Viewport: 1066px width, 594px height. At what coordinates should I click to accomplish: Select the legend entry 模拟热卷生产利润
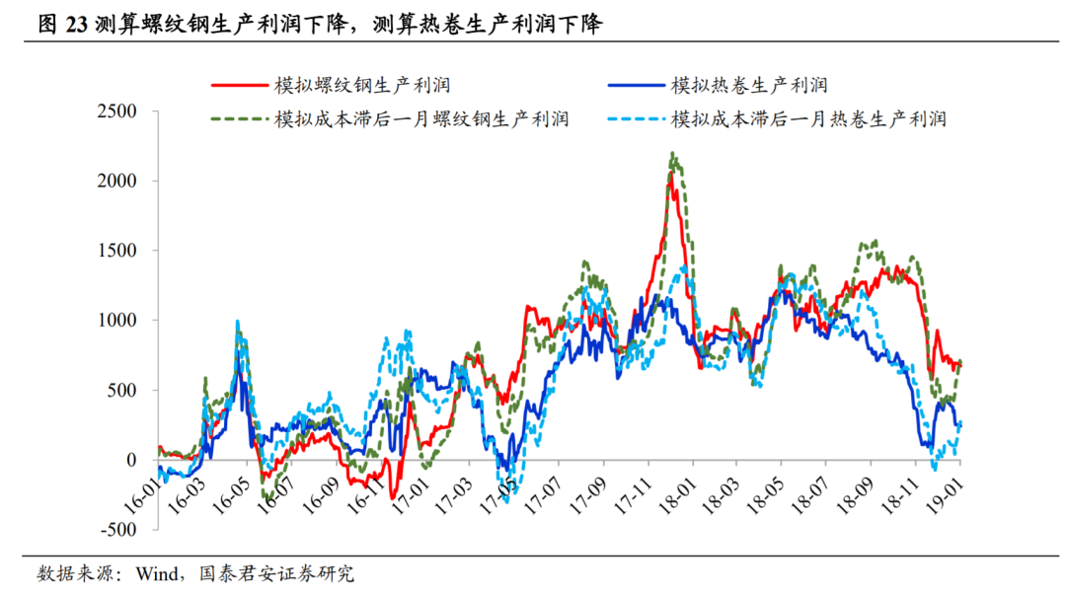(748, 85)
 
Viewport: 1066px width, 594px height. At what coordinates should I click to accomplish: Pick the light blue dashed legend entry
(807, 119)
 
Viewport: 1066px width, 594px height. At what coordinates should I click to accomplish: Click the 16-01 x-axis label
(142, 491)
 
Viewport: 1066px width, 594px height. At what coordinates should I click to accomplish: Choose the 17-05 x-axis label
(495, 491)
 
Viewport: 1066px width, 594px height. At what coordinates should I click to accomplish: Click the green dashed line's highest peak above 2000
(672, 154)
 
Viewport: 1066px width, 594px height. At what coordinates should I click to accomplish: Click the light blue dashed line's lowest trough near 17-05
(506, 501)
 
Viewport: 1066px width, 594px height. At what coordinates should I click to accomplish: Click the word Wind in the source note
(155, 573)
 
